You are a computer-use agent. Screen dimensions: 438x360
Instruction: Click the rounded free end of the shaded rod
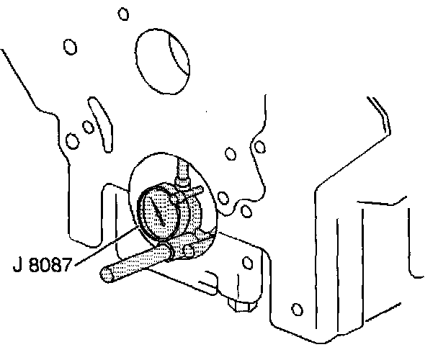click(107, 275)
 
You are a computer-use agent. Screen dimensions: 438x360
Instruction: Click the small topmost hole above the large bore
click(123, 14)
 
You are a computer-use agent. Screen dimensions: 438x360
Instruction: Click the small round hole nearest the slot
click(87, 127)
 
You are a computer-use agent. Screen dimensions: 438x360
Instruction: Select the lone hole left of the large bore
click(70, 48)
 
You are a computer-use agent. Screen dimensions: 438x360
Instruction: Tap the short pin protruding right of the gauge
click(195, 191)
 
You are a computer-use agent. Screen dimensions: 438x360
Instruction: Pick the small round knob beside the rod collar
click(188, 248)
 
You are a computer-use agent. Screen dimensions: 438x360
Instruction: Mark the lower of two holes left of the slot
click(71, 140)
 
